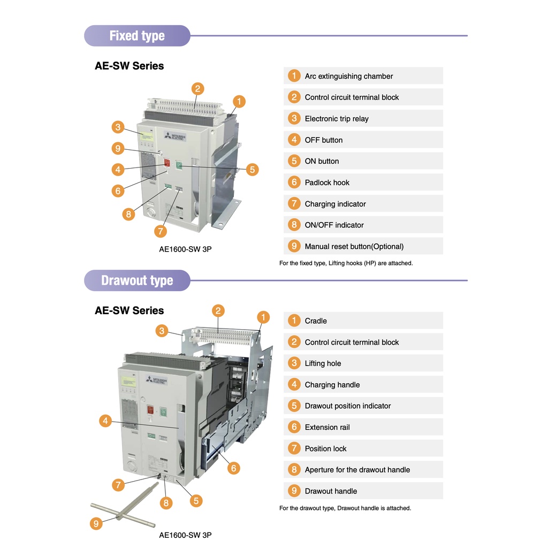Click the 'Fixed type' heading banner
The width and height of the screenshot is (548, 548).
click(137, 36)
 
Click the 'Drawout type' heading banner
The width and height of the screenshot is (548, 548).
click(137, 280)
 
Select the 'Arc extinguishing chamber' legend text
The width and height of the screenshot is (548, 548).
click(348, 76)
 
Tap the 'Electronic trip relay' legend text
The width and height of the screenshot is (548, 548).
click(337, 119)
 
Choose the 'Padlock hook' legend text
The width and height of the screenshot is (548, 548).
click(327, 182)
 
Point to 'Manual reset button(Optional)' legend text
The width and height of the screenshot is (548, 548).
click(354, 247)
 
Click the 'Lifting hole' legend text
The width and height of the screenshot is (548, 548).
click(323, 363)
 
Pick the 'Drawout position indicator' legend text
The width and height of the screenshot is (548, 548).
click(348, 406)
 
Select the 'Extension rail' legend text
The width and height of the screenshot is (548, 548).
click(327, 427)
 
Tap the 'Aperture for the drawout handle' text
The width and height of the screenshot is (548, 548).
click(357, 470)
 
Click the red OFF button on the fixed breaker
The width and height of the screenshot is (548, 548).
click(167, 163)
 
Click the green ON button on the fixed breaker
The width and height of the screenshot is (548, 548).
click(180, 165)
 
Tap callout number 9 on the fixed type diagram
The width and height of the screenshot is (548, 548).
click(118, 148)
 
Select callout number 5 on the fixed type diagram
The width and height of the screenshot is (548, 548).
click(252, 170)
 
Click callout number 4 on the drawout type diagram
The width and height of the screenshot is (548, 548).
click(105, 421)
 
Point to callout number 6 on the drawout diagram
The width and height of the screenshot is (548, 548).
click(233, 468)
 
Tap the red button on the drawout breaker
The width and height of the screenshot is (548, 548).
click(151, 410)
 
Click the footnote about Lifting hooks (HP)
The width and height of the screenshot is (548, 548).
click(346, 263)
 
